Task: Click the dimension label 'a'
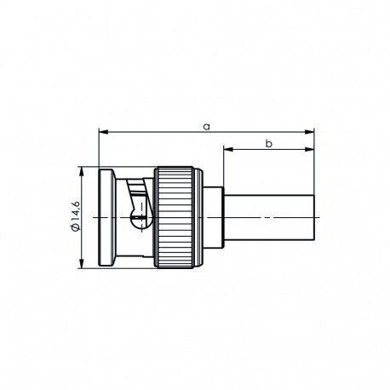pos(206,125)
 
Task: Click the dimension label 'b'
pos(268,144)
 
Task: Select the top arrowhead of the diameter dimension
pos(82,171)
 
